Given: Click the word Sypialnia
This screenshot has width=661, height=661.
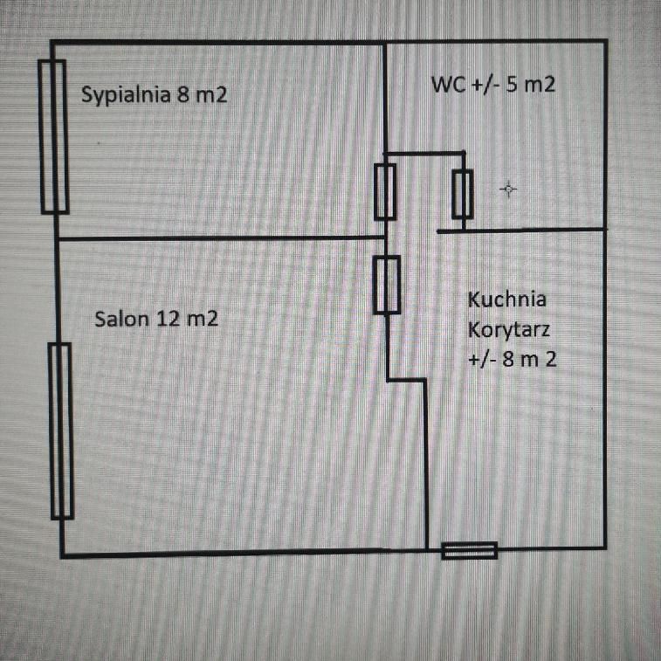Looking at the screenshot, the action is [126, 95].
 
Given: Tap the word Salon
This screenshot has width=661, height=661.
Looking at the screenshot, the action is [122, 319].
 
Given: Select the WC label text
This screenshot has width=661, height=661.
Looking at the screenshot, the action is [493, 85].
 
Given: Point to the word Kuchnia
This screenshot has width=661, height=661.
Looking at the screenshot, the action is [507, 300].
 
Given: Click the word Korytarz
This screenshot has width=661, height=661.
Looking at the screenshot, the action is [509, 329].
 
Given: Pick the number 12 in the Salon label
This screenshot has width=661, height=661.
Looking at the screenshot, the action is [169, 319].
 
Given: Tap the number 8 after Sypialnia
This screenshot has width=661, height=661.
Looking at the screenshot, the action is [183, 94].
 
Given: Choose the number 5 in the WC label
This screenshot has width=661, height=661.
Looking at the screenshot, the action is [511, 85].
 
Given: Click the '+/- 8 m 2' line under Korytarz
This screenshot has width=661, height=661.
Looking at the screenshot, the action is [513, 360].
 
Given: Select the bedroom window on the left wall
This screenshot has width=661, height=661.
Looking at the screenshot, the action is [53, 137].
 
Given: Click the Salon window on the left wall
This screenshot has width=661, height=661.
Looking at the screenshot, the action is [61, 430].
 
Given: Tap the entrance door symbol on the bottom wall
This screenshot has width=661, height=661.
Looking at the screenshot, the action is [469, 551].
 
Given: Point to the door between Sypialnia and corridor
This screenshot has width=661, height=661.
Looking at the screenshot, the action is [385, 192].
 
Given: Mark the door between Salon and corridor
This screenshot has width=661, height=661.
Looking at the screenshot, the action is [387, 285].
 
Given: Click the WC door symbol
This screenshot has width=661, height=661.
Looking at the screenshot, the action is [463, 195].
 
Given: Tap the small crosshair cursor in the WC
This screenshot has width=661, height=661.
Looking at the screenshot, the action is [508, 189].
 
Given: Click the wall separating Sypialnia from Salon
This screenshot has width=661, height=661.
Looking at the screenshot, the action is [221, 238].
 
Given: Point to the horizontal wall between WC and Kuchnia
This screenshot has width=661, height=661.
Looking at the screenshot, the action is [521, 231].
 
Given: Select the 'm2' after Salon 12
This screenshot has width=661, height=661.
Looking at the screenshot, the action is [203, 320].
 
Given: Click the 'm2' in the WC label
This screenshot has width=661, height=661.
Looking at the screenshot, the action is [539, 85].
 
